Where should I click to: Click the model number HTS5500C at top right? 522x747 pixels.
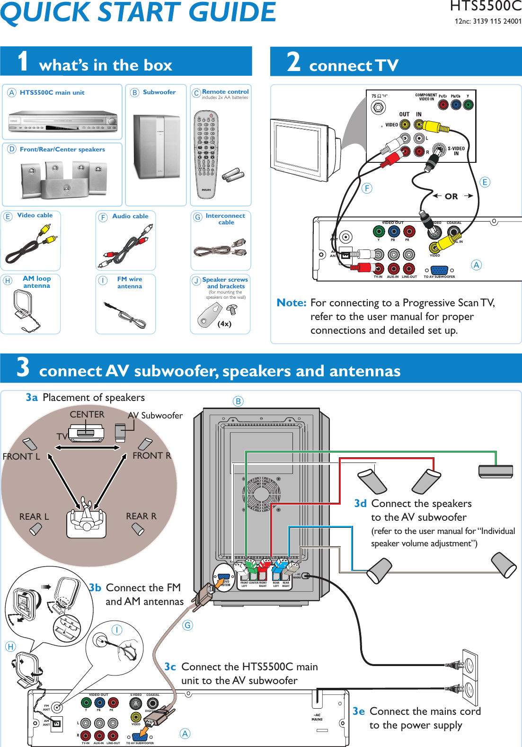(485, 6)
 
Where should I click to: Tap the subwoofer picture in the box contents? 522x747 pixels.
(157, 147)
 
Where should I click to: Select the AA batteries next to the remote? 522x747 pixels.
(234, 175)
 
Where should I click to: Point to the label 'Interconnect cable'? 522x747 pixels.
(225, 219)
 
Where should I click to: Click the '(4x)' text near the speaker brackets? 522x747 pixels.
(224, 324)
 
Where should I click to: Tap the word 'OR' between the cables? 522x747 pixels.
(451, 196)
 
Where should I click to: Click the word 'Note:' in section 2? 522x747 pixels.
(292, 303)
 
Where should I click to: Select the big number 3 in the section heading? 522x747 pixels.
(23, 367)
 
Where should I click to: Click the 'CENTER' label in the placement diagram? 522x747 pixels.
(87, 414)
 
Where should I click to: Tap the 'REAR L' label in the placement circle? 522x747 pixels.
(34, 516)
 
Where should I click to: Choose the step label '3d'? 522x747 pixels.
(360, 504)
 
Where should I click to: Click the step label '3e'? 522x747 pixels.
(359, 711)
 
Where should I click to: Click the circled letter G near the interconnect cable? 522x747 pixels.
(188, 625)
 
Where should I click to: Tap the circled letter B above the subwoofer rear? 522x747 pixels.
(238, 401)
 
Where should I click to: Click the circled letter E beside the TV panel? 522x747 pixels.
(485, 182)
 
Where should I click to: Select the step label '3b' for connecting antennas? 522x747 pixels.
(95, 588)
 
